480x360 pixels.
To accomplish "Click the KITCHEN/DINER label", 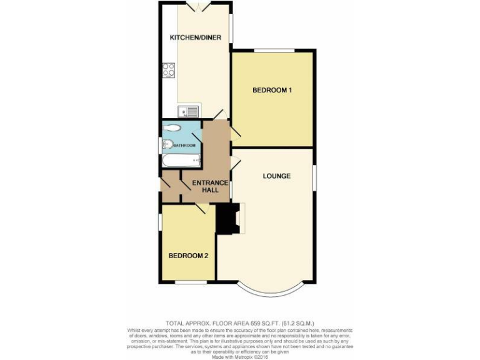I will click(x=196, y=37).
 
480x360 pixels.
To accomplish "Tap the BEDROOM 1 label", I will click(x=272, y=91).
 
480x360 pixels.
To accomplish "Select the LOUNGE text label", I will click(x=276, y=176).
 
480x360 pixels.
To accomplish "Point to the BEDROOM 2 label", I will click(x=189, y=256).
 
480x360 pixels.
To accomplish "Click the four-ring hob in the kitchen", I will click(x=169, y=70).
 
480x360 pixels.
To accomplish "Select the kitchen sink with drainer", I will click(x=188, y=112).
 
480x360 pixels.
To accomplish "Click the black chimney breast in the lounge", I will click(x=227, y=219).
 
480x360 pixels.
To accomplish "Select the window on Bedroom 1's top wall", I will click(x=274, y=50).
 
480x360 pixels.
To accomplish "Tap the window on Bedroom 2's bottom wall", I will click(x=190, y=282).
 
